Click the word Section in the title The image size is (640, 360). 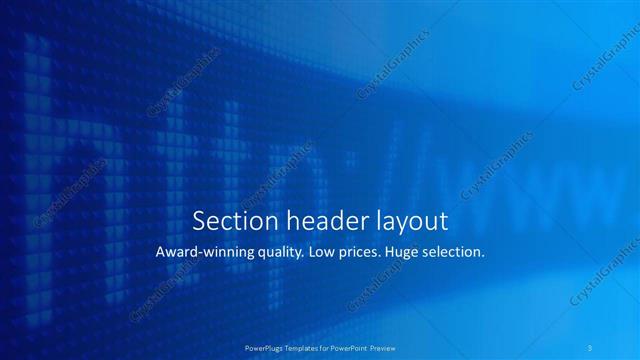[x=229, y=220]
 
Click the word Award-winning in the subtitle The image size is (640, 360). [x=204, y=253]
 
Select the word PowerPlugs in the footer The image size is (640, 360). [x=264, y=347]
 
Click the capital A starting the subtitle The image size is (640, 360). [x=162, y=253]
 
